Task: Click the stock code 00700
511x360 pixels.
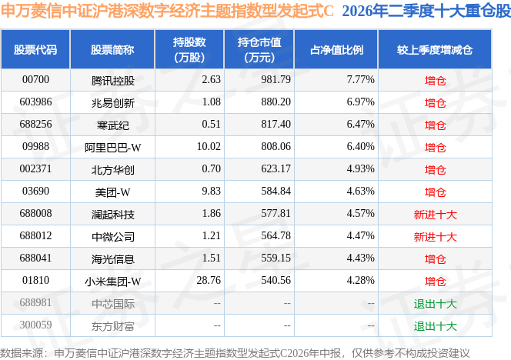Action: [x=35, y=80]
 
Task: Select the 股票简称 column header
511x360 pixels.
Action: [x=112, y=50]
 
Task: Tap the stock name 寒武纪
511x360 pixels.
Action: [x=113, y=125]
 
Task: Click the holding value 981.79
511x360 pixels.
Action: [x=276, y=80]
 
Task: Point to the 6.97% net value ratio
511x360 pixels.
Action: [x=360, y=102]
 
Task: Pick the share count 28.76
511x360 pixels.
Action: [x=209, y=281]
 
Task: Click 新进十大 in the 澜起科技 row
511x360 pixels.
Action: [x=435, y=215]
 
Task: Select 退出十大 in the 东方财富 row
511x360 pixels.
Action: [x=435, y=326]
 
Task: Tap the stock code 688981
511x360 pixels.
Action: [x=35, y=303]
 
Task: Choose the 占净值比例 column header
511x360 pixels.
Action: [x=336, y=50]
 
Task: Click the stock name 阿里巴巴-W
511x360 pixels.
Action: [x=113, y=148]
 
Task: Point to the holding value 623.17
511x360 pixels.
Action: [x=276, y=169]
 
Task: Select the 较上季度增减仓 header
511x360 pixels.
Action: [x=435, y=50]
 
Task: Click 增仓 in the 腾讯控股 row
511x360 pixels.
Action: [x=435, y=81]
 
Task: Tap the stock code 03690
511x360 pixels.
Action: [x=35, y=192]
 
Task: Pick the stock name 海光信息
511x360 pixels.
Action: [x=113, y=259]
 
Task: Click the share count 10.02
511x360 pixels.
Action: [x=209, y=147]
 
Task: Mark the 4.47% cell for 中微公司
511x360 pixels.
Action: [x=360, y=236]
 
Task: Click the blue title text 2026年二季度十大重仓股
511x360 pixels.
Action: [x=426, y=11]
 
